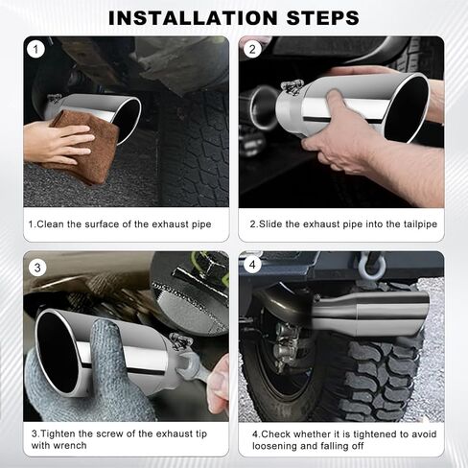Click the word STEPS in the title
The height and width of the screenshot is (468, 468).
click(316, 17)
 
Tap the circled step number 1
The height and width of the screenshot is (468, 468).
click(36, 49)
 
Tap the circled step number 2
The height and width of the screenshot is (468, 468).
click(253, 49)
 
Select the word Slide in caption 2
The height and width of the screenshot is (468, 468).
click(271, 223)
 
